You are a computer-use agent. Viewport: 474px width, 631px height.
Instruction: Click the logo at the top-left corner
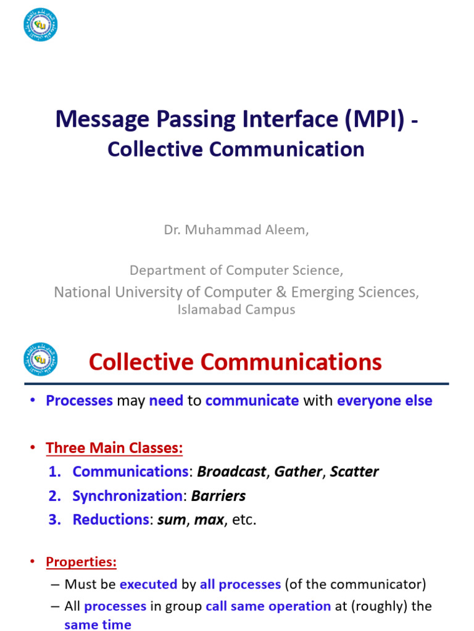click(40, 25)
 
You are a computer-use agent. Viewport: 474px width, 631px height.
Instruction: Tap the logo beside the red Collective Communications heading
click(40, 359)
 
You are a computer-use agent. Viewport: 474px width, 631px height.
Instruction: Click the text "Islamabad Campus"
click(236, 310)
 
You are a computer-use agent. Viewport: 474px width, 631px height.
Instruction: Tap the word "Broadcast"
click(232, 472)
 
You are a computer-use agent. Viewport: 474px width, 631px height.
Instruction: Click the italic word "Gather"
click(298, 472)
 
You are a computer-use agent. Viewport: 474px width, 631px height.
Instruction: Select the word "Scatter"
click(354, 472)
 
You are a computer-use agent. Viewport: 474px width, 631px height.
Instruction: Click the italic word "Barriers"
click(218, 496)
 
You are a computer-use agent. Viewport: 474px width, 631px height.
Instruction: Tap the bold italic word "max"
click(209, 519)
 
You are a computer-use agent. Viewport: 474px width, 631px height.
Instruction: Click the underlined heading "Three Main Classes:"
click(114, 448)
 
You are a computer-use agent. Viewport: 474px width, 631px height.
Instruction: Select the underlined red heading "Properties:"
click(81, 562)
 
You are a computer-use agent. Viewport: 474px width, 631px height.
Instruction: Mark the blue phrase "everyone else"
click(385, 401)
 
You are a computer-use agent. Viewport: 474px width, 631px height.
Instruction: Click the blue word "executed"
click(148, 584)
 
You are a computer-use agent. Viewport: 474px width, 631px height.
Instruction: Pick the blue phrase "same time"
click(98, 625)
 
